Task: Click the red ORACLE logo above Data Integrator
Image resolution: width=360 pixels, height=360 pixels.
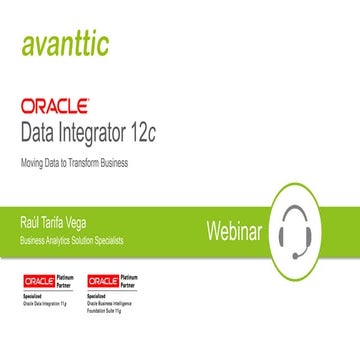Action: pyautogui.click(x=54, y=103)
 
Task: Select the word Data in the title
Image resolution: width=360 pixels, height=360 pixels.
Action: pyautogui.click(x=42, y=129)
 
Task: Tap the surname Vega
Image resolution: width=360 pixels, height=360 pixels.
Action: pyautogui.click(x=100, y=217)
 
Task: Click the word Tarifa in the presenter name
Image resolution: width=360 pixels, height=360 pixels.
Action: pyautogui.click(x=66, y=217)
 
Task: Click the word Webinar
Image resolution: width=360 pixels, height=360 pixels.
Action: pyautogui.click(x=234, y=230)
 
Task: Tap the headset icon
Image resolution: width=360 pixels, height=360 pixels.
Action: pyautogui.click(x=301, y=228)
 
